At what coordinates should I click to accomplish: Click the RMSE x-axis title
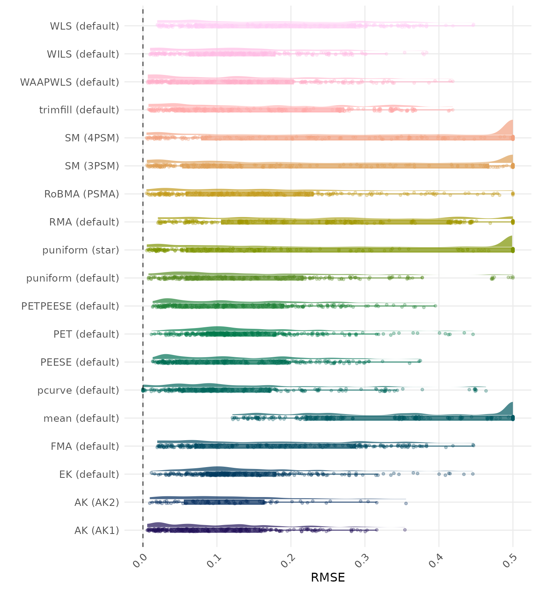[x=328, y=577]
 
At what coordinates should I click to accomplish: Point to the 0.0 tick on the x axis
[x=141, y=559]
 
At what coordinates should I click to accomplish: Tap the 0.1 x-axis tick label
[x=214, y=559]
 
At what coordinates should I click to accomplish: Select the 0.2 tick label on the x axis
[x=288, y=559]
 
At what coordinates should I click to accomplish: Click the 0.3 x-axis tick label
[x=362, y=559]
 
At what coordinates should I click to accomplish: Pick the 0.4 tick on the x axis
[x=437, y=559]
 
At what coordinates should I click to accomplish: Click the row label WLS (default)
[x=84, y=26]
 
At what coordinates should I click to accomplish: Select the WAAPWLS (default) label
[x=69, y=82]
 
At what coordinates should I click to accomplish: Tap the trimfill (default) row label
[x=79, y=110]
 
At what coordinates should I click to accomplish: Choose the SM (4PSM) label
[x=92, y=138]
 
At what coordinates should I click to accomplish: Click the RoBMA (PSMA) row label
[x=82, y=194]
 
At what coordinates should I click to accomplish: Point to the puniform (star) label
[x=81, y=250]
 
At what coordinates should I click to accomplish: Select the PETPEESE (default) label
[x=70, y=306]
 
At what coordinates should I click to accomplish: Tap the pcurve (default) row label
[x=78, y=390]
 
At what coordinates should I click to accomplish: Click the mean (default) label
[x=81, y=418]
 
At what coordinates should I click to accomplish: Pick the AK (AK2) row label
[x=97, y=502]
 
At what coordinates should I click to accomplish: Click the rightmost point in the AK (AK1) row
[x=405, y=530]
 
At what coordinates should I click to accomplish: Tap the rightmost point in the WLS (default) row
[x=473, y=25]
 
